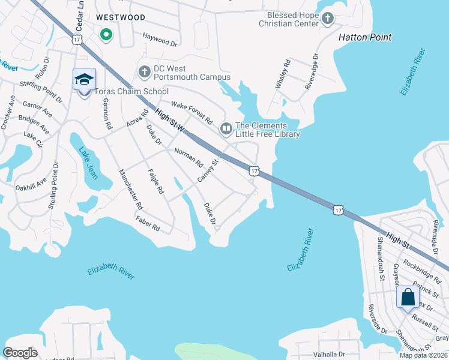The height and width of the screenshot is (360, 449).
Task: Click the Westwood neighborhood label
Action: pos(121,17)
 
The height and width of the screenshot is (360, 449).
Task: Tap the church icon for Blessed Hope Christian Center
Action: pos(327,19)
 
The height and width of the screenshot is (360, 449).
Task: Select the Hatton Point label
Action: pos(365,37)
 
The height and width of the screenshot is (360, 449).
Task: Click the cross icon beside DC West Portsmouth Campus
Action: pos(144,72)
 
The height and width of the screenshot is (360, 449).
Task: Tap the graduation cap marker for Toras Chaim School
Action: pos(84,79)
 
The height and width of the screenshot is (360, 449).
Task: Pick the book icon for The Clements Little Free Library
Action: pos(226,127)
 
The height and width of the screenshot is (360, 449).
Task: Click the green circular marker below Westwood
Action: pos(106,35)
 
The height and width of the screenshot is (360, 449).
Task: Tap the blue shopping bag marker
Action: pos(408,297)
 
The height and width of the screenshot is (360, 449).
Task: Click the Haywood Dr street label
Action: pos(160,40)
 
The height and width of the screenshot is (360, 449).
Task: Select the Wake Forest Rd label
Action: pos(192,112)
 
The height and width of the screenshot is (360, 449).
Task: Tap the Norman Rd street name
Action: pos(188,158)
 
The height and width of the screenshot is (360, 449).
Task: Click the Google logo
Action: pos(20,352)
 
